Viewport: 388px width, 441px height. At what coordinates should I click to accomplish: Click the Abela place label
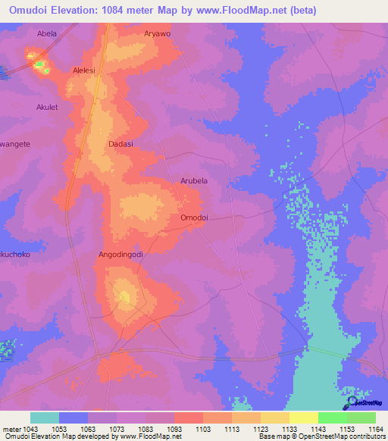[47, 34]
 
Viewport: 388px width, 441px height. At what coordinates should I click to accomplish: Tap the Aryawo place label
[158, 34]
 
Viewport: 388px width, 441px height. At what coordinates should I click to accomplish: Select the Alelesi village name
[83, 70]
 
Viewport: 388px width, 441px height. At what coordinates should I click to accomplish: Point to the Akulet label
[47, 108]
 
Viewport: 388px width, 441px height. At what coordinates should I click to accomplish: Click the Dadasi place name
[120, 143]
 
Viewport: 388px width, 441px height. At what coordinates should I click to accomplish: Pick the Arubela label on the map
[193, 181]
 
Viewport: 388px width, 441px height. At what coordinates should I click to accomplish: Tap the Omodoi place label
[194, 217]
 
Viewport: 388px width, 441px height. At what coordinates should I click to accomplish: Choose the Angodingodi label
[120, 255]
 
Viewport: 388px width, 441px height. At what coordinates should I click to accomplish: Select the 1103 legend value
[202, 429]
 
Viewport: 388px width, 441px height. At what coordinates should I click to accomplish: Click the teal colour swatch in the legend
[45, 418]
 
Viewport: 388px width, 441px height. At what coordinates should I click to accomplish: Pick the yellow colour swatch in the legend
[304, 418]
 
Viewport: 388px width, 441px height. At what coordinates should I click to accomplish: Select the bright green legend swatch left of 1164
[333, 418]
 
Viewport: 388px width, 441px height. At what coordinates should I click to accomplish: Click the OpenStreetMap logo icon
[352, 402]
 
